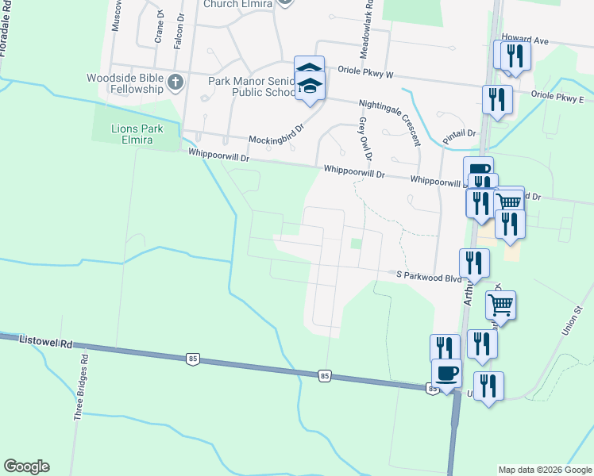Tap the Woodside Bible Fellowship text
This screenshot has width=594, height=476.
coord(125,83)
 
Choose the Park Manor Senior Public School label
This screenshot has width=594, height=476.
coord(251,86)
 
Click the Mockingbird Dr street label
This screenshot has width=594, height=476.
coord(276,140)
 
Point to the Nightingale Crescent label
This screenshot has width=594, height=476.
coord(389,123)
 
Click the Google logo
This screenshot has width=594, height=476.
coord(26,466)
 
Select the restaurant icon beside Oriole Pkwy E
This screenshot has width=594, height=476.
coord(497,100)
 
